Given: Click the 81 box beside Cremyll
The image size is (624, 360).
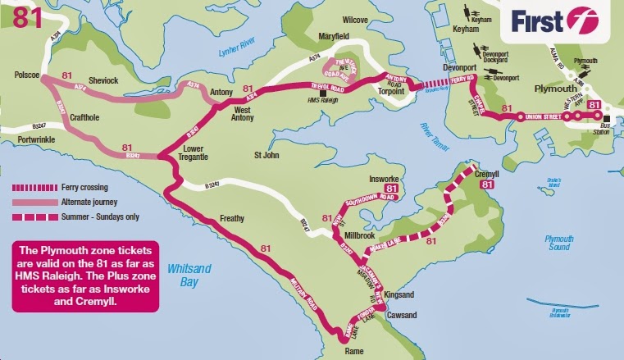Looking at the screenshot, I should (x=488, y=186).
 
